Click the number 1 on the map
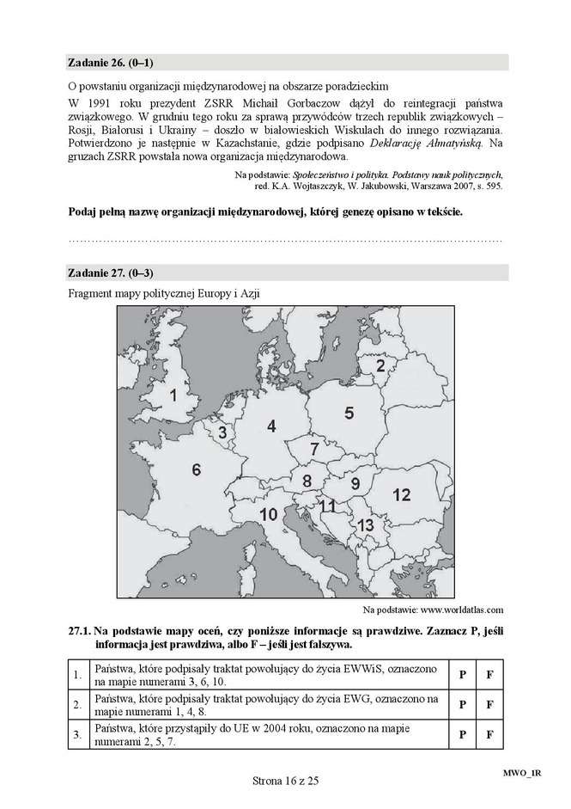(x=173, y=395)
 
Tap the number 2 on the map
(x=380, y=365)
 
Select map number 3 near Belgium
(x=222, y=432)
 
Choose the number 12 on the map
(x=401, y=494)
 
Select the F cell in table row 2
(x=489, y=705)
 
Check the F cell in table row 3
(x=489, y=735)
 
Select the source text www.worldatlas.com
(x=461, y=610)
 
